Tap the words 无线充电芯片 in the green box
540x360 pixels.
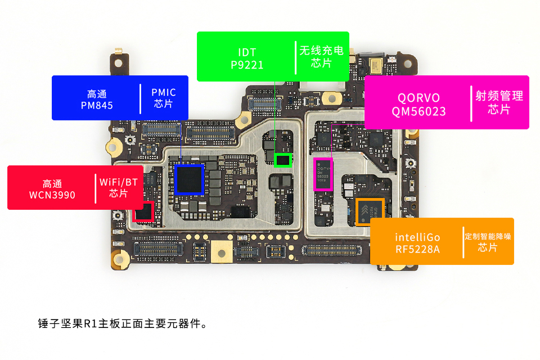[x=321, y=56]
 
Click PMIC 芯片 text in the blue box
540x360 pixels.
[x=164, y=98]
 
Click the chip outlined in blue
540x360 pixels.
[x=189, y=179]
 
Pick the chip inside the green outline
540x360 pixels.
[x=283, y=160]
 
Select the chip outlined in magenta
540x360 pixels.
[x=323, y=174]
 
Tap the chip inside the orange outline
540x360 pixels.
[x=370, y=212]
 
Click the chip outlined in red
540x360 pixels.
[x=144, y=211]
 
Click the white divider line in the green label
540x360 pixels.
[x=295, y=57]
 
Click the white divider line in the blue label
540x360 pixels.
[x=141, y=98]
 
